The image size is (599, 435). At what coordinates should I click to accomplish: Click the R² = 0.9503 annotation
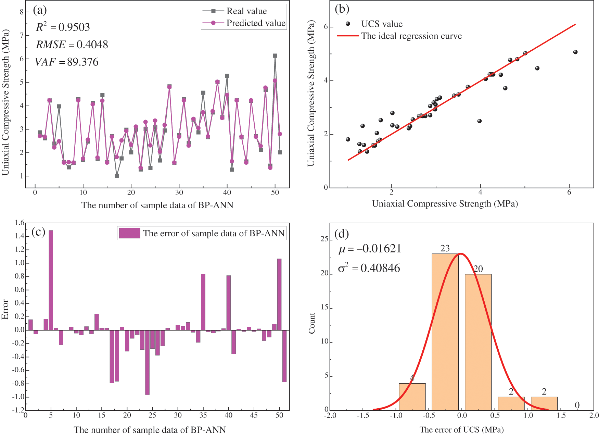[63, 27]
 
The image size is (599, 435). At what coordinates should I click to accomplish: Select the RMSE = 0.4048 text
[72, 45]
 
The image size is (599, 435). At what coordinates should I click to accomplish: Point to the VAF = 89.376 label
[67, 62]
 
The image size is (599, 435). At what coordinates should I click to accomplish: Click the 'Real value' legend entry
[246, 11]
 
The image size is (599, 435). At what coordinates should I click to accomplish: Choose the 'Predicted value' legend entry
[256, 23]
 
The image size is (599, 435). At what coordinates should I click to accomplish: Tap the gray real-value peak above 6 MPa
[275, 56]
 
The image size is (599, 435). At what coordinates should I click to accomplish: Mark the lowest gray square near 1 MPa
[117, 176]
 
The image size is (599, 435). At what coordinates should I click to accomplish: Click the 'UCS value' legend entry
[382, 24]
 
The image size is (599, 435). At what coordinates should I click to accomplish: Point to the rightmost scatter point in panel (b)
[575, 52]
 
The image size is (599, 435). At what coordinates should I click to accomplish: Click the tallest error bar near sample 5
[51, 280]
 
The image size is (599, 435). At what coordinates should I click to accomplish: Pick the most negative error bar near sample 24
[147, 362]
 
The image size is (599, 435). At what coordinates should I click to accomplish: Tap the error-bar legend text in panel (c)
[214, 234]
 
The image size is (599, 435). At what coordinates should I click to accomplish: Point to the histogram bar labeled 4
[412, 397]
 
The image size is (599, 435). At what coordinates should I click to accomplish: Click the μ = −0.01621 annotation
[370, 249]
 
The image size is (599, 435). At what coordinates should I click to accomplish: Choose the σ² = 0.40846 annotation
[369, 268]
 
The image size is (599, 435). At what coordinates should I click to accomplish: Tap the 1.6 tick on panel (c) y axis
[20, 223]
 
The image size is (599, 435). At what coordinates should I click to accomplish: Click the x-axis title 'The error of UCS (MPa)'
[461, 430]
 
